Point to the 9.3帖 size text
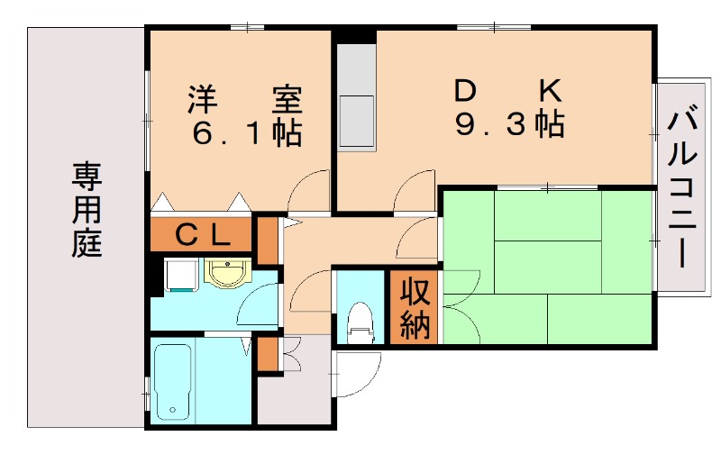510,124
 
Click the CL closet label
201,235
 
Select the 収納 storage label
415,309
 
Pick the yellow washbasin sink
224,271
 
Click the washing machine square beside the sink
178,275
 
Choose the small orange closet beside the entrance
268,353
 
